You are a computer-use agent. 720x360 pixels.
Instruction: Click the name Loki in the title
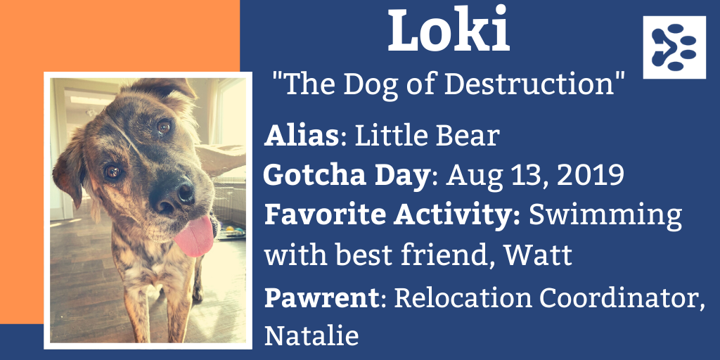pyautogui.click(x=449, y=29)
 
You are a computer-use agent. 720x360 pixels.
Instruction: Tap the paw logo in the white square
pyautogui.click(x=674, y=47)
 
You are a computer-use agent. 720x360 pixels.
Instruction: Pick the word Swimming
pyautogui.click(x=605, y=216)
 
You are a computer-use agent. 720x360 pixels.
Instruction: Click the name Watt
pyautogui.click(x=538, y=255)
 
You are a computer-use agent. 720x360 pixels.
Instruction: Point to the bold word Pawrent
pyautogui.click(x=321, y=298)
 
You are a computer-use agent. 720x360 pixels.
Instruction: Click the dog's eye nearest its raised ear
pyautogui.click(x=164, y=127)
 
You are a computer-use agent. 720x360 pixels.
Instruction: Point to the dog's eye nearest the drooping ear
pyautogui.click(x=112, y=172)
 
